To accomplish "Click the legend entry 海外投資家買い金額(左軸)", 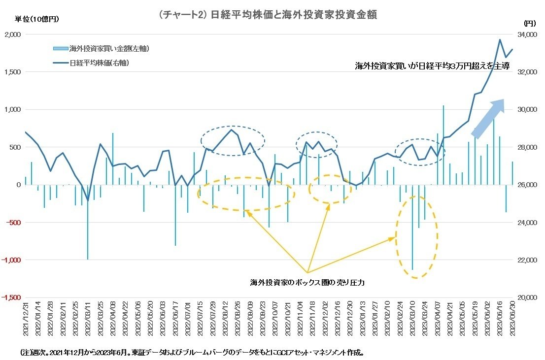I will point(101,48).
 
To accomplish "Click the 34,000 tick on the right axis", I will point(528,34).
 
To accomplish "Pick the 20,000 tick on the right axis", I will point(528,297).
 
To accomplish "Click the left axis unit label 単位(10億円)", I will point(37,19).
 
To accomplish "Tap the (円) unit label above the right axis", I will point(529,23).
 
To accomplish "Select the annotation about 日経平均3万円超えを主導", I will point(432,65).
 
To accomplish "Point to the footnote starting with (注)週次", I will point(192,353).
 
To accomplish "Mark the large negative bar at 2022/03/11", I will point(88,222).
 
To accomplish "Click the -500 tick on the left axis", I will point(13,222).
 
